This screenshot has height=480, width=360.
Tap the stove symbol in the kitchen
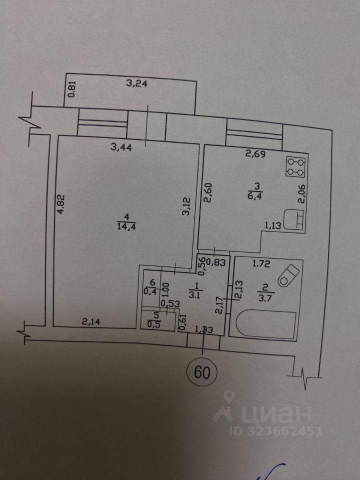(295, 167)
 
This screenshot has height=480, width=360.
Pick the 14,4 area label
(126, 225)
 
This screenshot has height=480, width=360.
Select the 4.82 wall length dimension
(61, 204)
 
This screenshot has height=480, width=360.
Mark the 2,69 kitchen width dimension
(255, 155)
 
